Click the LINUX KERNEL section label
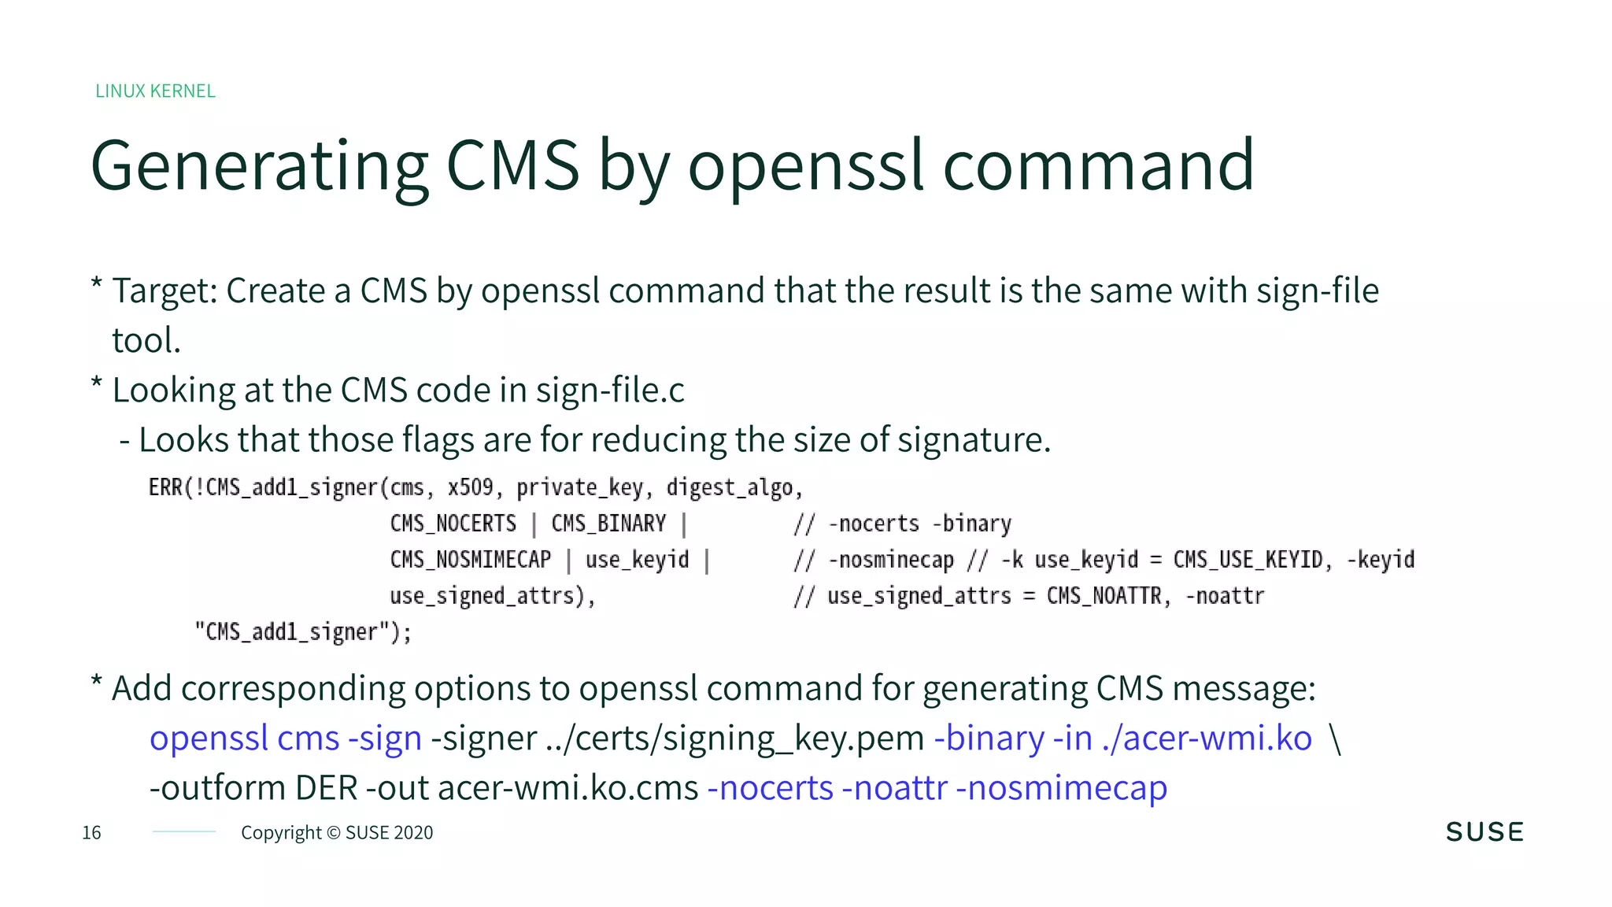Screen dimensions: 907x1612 (155, 91)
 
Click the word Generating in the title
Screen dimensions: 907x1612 (260, 166)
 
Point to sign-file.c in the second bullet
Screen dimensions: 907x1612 (610, 391)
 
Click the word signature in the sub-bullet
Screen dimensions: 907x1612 (973, 440)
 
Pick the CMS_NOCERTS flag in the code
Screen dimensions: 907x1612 (453, 524)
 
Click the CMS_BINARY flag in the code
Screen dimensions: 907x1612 (608, 524)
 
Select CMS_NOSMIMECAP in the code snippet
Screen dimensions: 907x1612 (471, 560)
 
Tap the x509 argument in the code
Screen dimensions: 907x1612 (470, 487)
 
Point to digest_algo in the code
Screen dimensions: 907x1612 (730, 488)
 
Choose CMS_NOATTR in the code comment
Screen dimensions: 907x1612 (1104, 596)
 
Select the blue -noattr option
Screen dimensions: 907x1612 (894, 788)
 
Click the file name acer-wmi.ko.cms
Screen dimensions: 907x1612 (568, 788)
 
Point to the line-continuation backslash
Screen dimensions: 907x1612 (1335, 739)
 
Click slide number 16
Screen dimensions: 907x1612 (91, 833)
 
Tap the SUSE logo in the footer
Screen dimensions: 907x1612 (1484, 832)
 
